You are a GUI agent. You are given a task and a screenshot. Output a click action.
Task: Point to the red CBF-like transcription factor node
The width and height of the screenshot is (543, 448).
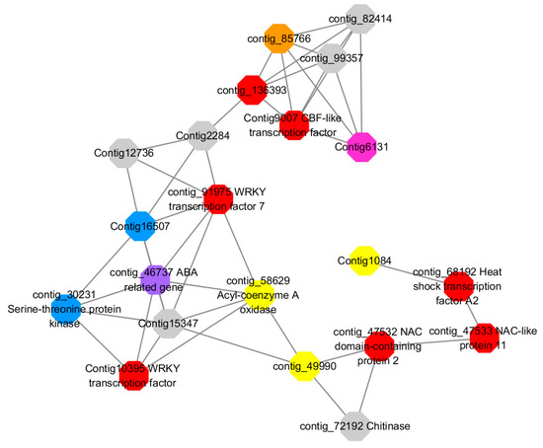[294, 125]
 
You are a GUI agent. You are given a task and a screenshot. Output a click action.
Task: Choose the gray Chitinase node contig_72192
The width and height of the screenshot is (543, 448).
[357, 425]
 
